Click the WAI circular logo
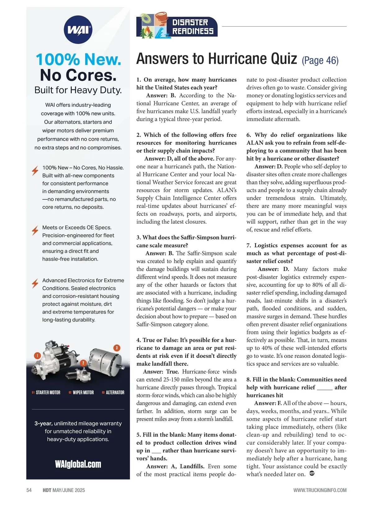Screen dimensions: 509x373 point(78,30)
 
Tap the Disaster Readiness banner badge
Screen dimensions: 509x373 point(177,26)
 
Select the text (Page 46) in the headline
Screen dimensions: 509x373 point(320,60)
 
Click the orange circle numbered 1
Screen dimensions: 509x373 point(37,355)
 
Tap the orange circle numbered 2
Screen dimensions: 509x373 point(83,363)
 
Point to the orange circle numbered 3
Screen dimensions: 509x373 point(117,348)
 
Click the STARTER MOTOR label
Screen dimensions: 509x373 point(48,392)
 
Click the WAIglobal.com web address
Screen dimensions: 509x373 point(78,464)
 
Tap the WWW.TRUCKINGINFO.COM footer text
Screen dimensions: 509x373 point(320,490)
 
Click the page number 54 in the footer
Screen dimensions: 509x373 point(29,490)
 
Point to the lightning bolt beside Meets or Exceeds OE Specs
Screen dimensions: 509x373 point(35,231)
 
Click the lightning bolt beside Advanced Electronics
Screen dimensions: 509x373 point(35,283)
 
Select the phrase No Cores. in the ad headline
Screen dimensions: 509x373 point(78,75)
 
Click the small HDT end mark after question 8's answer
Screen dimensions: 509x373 point(312,474)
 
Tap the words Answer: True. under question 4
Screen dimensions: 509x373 point(161,372)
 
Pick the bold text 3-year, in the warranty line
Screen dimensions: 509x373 point(44,424)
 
